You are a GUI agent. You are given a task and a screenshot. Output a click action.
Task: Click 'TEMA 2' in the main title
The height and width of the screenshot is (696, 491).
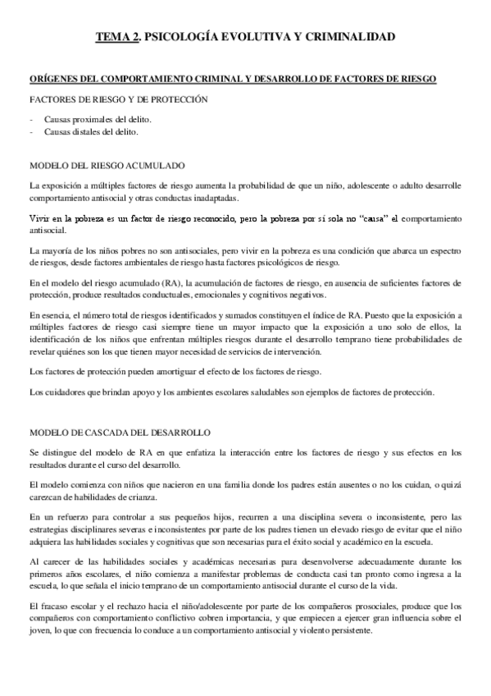point(116,37)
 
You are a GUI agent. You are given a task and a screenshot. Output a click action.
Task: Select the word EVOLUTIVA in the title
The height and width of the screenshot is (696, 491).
point(243,37)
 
